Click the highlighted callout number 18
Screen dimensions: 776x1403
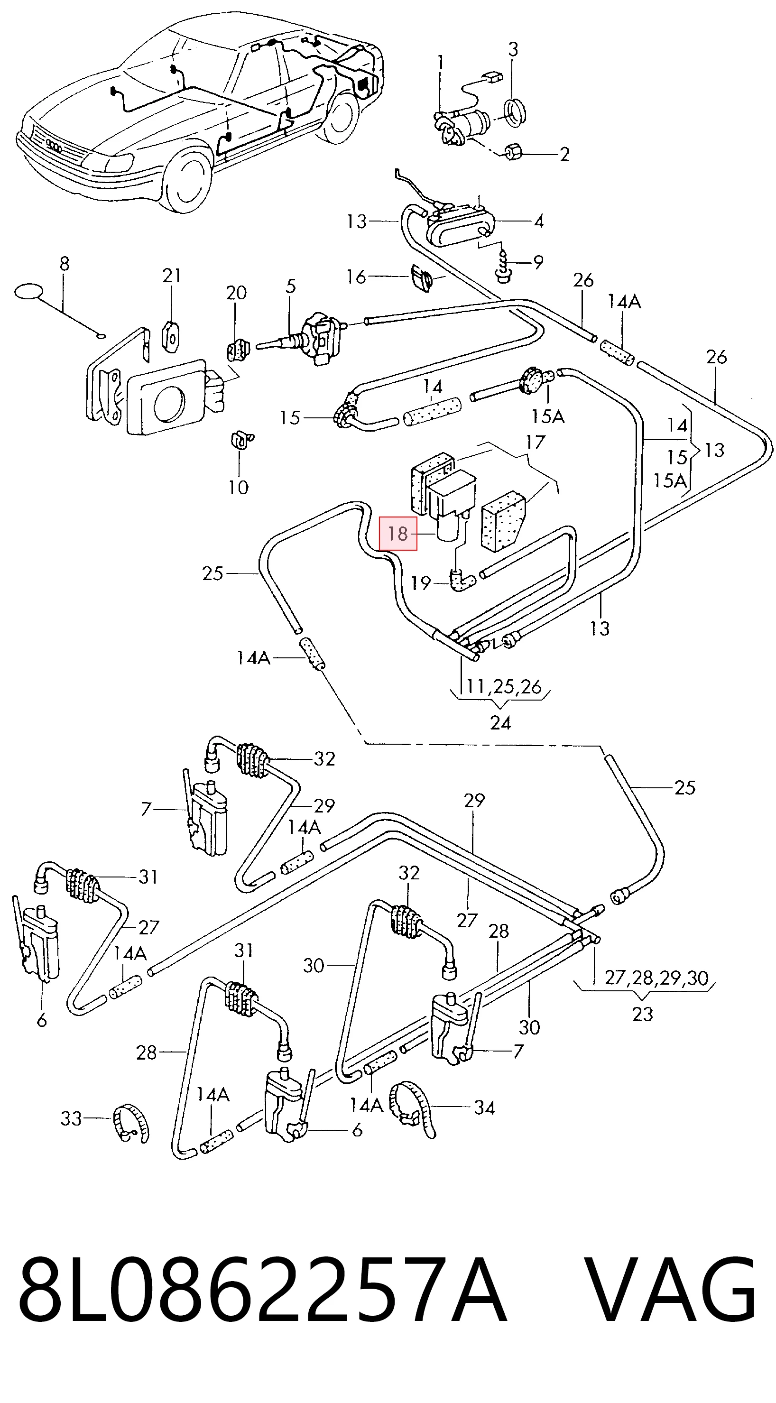398,533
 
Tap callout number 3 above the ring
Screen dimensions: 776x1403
513,49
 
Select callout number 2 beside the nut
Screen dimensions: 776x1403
564,154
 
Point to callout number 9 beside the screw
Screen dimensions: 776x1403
538,262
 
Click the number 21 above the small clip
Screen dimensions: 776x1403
172,276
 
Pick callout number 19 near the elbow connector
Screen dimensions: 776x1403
421,583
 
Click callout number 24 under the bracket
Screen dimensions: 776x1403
500,723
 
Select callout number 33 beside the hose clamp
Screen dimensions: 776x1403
71,1119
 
